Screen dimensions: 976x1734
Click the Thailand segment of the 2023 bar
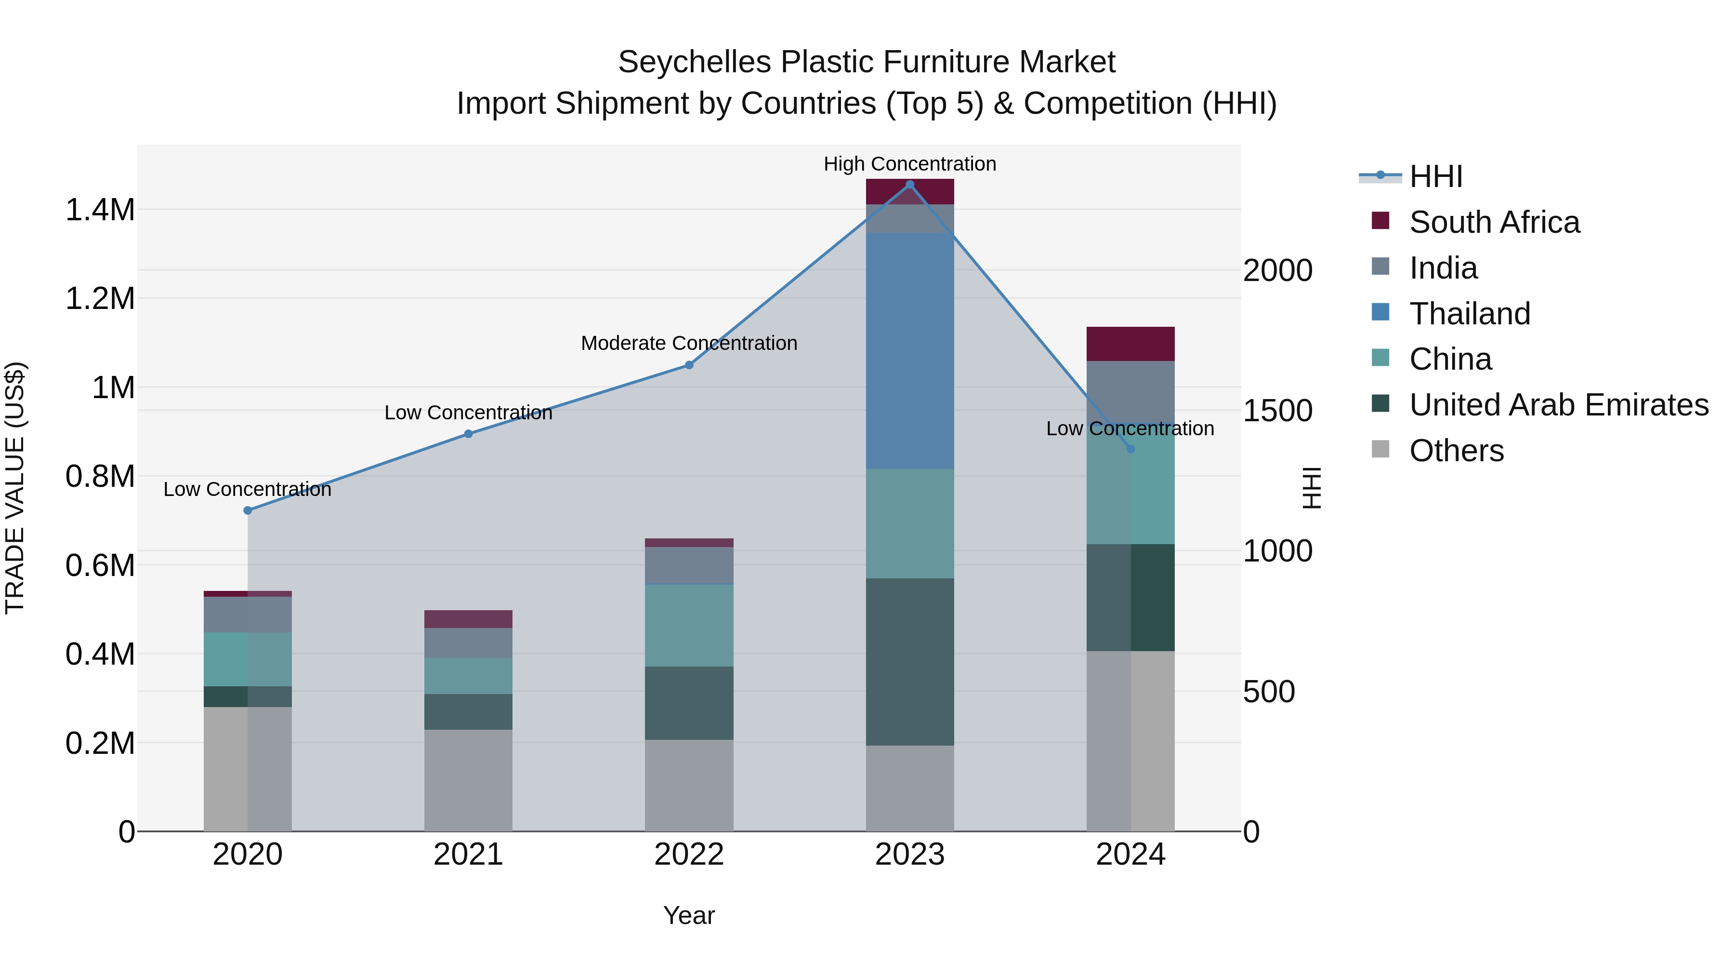(909, 350)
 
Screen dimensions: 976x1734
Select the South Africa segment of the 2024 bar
(1130, 344)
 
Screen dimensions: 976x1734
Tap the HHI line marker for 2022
(689, 365)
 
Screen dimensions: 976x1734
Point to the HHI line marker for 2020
(248, 510)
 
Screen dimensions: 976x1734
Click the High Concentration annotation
(909, 164)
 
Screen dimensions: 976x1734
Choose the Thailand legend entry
(1470, 314)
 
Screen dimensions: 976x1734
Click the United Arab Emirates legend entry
(1558, 405)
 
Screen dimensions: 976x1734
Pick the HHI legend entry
(1436, 176)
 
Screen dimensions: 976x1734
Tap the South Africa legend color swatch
(1380, 221)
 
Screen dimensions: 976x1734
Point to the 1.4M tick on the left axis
(100, 210)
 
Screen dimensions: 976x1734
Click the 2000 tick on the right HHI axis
(1277, 271)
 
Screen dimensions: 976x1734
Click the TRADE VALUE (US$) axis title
(15, 488)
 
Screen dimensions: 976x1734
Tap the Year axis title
(689, 915)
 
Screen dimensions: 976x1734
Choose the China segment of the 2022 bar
(689, 625)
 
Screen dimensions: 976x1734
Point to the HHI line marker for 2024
(1130, 449)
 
